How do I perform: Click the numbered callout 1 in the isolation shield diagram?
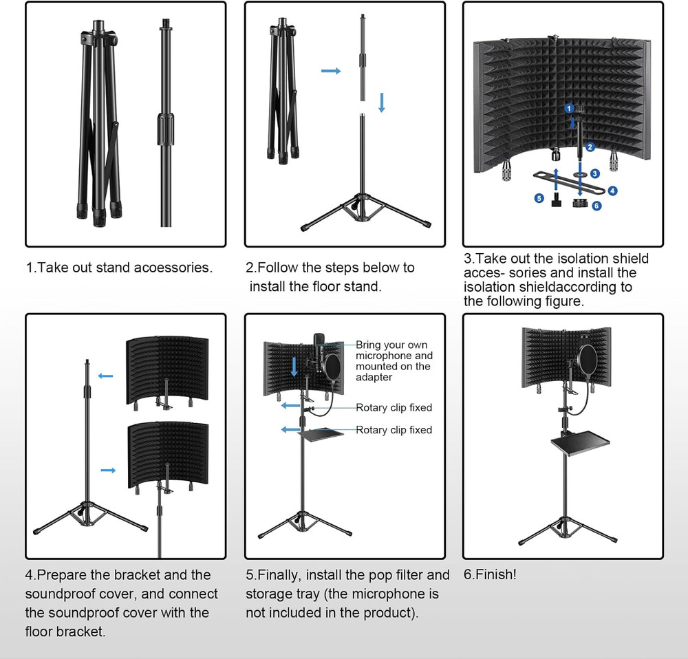coord(569,108)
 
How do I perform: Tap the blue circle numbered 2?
coord(590,147)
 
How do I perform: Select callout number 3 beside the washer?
coord(595,174)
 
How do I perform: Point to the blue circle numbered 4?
coord(612,191)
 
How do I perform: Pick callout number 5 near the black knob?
coord(539,198)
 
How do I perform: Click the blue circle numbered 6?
coord(596,206)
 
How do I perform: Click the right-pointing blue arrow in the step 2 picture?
coord(331,71)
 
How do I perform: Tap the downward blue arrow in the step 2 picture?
coord(382,102)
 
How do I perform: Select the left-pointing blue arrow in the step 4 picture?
coord(105,376)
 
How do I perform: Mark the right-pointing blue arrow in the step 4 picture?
coord(108,470)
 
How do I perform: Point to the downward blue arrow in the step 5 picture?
coord(294,365)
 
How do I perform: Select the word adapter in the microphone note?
coord(374,377)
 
